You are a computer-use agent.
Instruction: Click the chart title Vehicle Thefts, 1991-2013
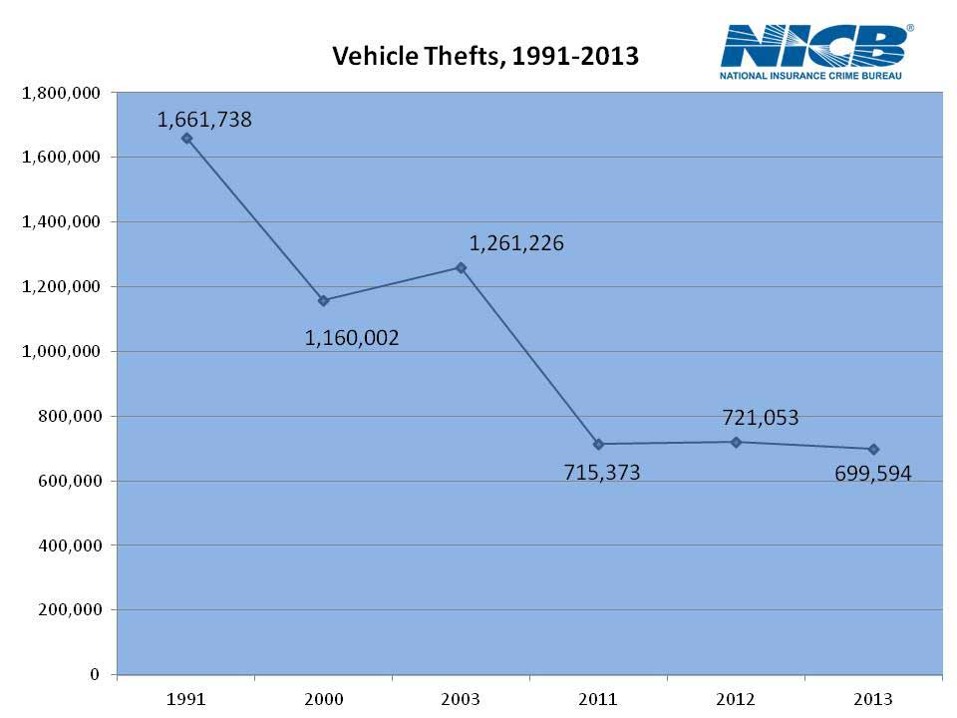pos(484,56)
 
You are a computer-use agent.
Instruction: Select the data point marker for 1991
pos(186,139)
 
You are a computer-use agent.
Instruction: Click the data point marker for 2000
pos(323,300)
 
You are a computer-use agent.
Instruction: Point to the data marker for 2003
pos(461,267)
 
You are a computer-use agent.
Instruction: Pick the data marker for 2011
pos(598,444)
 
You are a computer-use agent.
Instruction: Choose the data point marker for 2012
pos(736,442)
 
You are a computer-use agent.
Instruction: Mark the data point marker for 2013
pos(873,449)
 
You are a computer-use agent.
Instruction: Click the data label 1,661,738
pos(204,120)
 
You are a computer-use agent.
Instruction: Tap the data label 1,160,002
pos(352,338)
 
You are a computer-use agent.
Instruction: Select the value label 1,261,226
pos(516,242)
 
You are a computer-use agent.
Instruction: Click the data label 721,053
pos(761,418)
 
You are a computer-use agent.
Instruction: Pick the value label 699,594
pos(873,474)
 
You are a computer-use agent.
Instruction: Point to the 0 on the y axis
pos(94,674)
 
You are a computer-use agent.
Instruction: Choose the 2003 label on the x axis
pos(461,699)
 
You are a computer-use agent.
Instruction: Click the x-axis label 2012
pos(736,699)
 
